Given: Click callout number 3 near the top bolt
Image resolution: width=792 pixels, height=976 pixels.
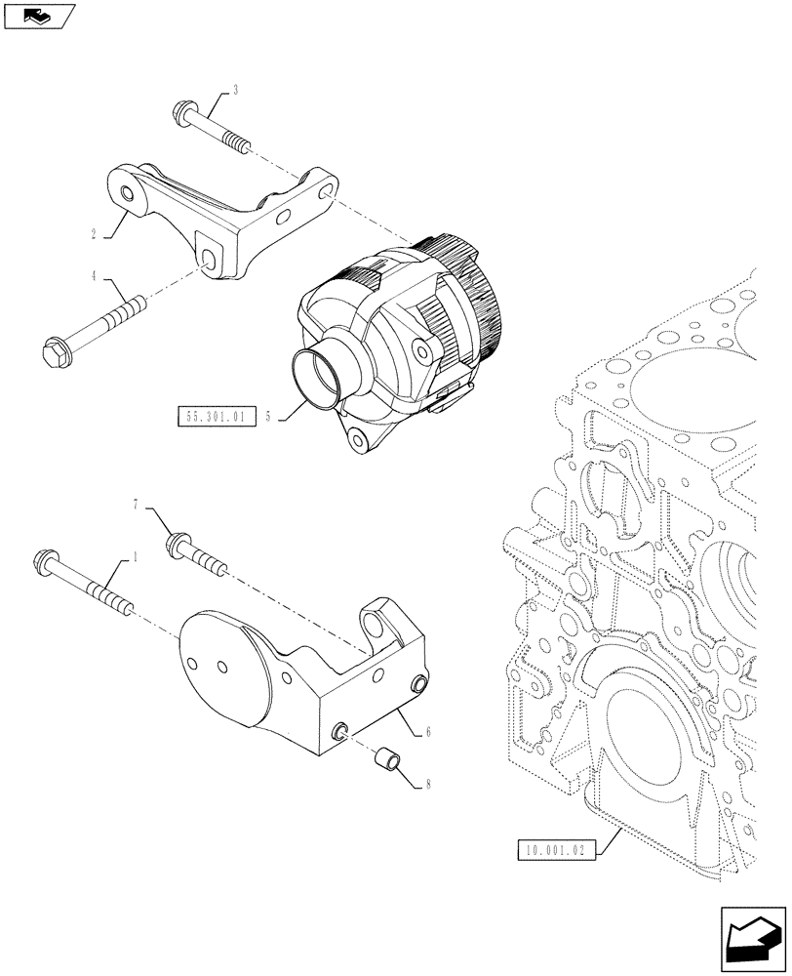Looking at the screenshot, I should pyautogui.click(x=235, y=91).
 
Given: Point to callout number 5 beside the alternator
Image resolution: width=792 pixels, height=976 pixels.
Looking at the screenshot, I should pyautogui.click(x=266, y=417).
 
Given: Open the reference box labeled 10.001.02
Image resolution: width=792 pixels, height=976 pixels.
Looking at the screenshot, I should pyautogui.click(x=553, y=849).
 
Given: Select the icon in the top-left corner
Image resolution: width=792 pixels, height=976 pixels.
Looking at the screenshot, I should pyautogui.click(x=38, y=16).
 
